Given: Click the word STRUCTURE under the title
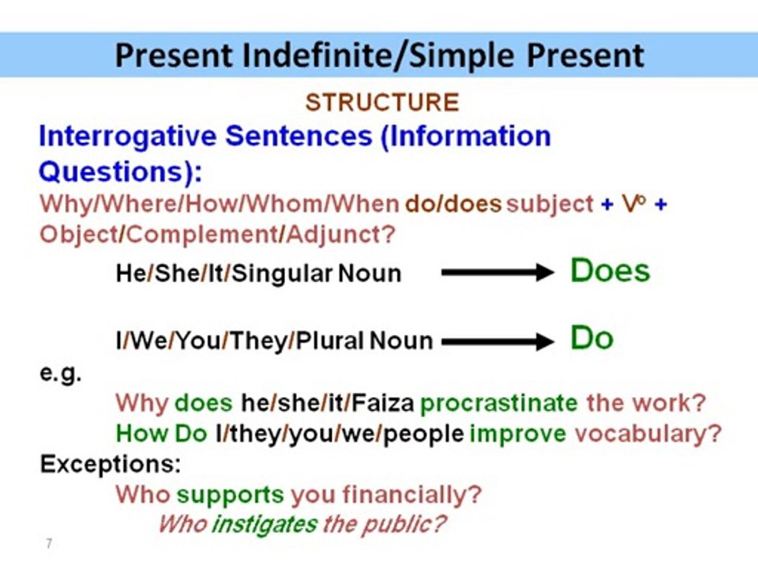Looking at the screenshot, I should point(381,103).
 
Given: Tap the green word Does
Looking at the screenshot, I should point(610,271).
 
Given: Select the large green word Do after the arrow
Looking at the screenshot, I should point(591,339).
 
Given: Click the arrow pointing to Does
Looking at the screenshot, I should point(497,273).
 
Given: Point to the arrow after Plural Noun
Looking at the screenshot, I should point(497,341).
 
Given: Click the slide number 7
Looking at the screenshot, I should point(49,544).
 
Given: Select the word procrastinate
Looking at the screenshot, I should point(499,403).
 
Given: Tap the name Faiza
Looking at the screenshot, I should point(382,403).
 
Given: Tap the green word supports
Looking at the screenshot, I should point(230,496).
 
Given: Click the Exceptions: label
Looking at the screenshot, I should point(110,464).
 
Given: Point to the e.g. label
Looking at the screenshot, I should point(61,373).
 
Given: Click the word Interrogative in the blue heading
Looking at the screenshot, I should point(126,137).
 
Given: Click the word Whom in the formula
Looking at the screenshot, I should point(287,204).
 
